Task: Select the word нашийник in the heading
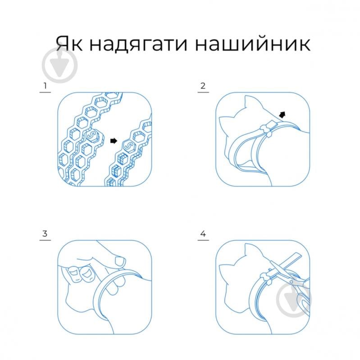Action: [x=259, y=43]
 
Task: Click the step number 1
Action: [x=45, y=86]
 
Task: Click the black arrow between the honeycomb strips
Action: [x=113, y=141]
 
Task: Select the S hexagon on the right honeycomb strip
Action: [x=127, y=145]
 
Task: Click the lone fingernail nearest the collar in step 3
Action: [x=119, y=260]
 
